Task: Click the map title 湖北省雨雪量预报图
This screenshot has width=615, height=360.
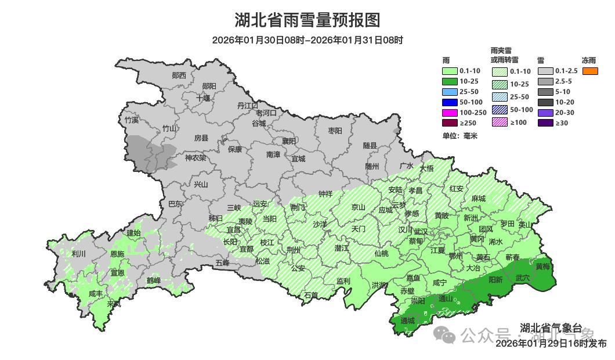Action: tap(307, 20)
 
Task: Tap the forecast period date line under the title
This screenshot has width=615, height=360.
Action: tap(307, 40)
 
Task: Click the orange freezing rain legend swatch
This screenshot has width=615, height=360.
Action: tap(590, 71)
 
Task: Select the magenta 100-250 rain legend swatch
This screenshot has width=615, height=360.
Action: tap(450, 113)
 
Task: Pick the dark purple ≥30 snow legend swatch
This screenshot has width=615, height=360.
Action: tap(545, 123)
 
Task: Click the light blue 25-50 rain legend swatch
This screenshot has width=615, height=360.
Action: tap(450, 92)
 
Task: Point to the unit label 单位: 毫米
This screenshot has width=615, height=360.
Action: tap(459, 136)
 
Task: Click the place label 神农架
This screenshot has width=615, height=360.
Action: tap(196, 157)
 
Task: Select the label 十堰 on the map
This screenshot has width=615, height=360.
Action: tap(202, 98)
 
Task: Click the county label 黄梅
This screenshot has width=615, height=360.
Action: tap(542, 267)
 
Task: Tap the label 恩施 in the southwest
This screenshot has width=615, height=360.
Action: tap(117, 254)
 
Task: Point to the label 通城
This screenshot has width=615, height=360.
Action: tap(408, 321)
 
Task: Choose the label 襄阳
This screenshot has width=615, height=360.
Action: tap(289, 141)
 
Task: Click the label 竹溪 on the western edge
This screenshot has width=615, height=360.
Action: tap(132, 120)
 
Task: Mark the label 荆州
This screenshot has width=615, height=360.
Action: tap(294, 250)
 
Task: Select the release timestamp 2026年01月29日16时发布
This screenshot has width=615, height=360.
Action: tap(551, 344)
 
